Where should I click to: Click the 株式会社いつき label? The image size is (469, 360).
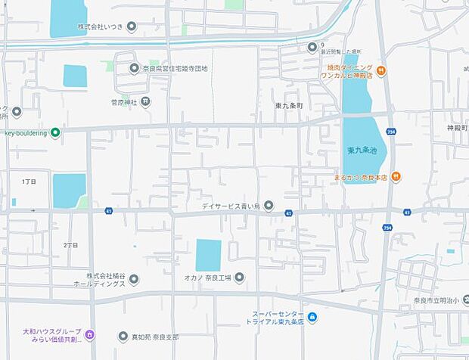tap(100, 27)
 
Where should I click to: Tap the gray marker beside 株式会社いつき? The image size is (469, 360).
tap(132, 27)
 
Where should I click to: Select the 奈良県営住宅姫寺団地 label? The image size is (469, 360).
tap(175, 68)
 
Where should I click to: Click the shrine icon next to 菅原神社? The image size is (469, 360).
tap(145, 101)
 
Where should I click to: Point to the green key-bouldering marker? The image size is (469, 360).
tap(55, 133)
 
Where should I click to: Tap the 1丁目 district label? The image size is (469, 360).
tap(29, 182)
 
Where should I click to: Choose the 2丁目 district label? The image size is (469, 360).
tap(70, 245)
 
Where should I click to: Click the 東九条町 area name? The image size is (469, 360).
tap(289, 106)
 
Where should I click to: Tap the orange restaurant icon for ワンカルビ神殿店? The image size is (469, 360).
tap(381, 72)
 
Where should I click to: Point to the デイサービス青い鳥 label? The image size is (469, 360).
tap(229, 206)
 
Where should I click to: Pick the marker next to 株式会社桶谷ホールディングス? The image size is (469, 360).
tap(134, 280)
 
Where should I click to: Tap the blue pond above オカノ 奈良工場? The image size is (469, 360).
tap(208, 255)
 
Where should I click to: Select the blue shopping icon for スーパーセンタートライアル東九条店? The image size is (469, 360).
tap(312, 318)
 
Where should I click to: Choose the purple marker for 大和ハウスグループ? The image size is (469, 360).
tap(90, 334)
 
